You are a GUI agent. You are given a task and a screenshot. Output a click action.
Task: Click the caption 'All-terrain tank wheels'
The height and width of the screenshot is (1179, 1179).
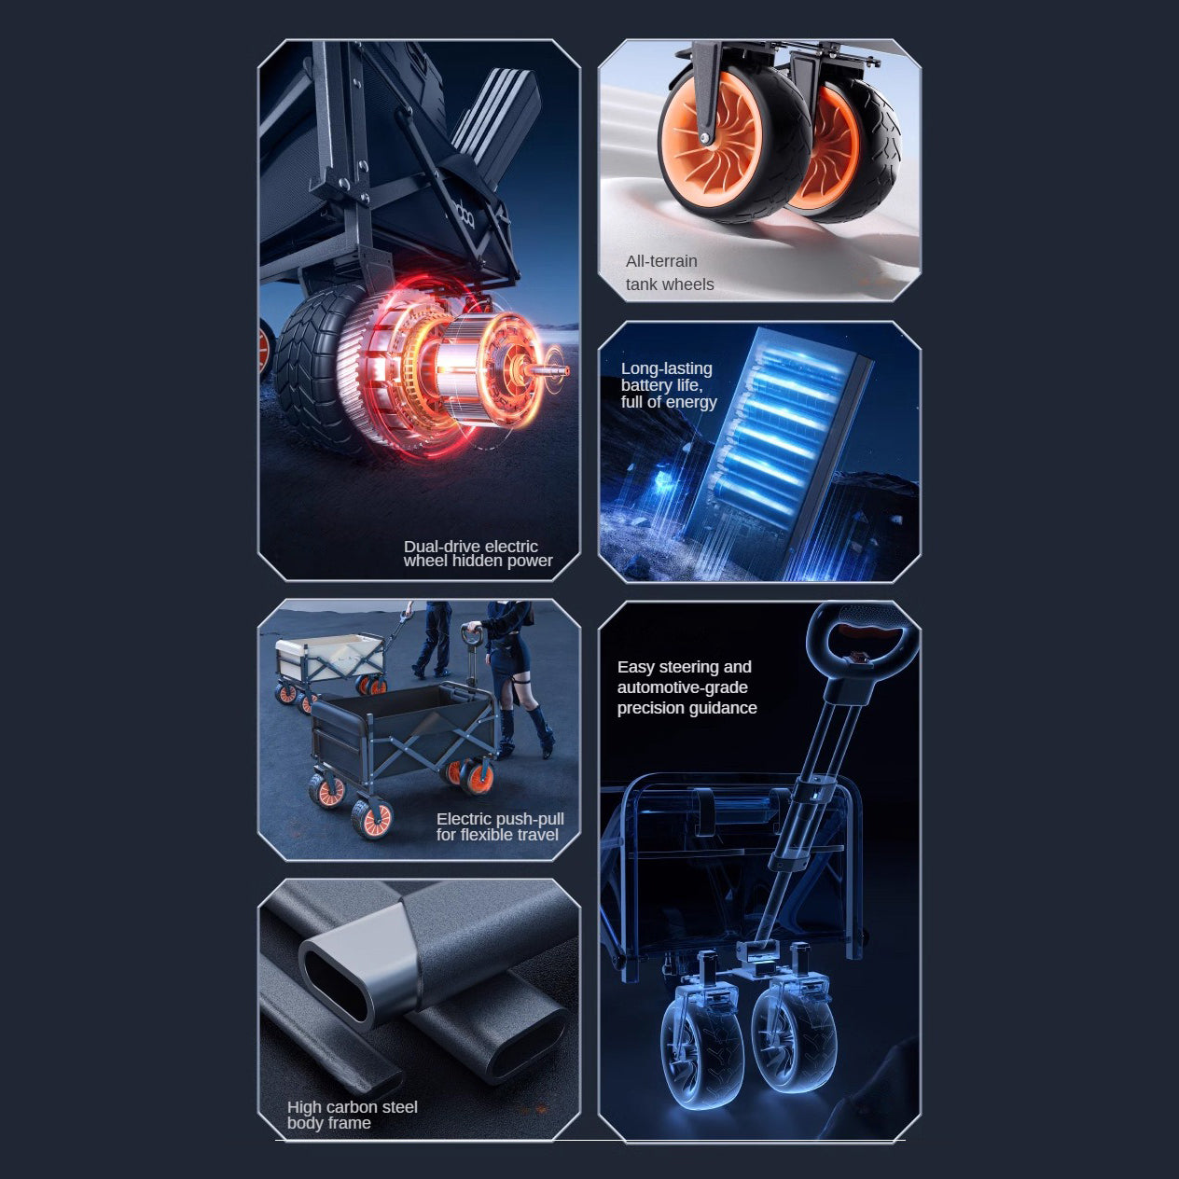pos(670,273)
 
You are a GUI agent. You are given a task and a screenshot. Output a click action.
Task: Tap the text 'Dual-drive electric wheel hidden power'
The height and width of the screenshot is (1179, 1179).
pos(478,554)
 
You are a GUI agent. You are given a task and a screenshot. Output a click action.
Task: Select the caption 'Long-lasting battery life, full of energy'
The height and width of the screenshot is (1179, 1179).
pos(669,385)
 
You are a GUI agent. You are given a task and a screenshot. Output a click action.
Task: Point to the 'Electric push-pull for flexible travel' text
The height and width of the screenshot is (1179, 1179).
pos(500,827)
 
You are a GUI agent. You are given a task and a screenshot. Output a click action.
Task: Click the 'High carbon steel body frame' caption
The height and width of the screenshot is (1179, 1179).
pos(352,1115)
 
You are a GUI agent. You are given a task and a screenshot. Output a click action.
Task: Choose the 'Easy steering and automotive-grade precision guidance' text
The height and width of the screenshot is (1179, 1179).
pos(687,687)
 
